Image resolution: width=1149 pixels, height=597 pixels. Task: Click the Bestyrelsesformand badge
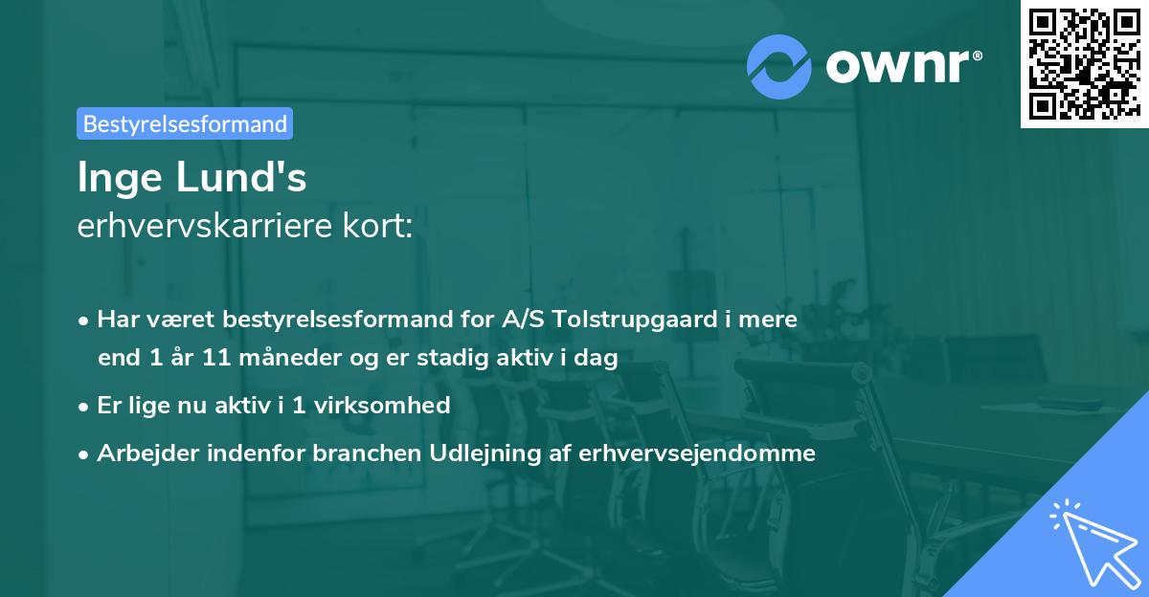tap(185, 123)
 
